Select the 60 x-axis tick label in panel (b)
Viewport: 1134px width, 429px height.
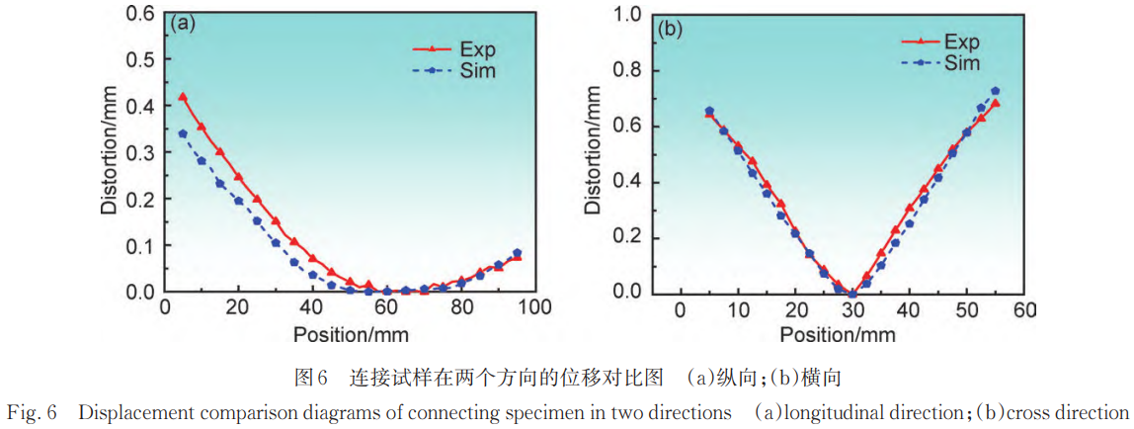click(x=1024, y=309)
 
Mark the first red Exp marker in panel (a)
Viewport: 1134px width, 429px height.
click(x=183, y=97)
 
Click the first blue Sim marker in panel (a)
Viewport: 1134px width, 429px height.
click(x=183, y=133)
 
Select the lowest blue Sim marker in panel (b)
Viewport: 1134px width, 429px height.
click(x=852, y=293)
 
